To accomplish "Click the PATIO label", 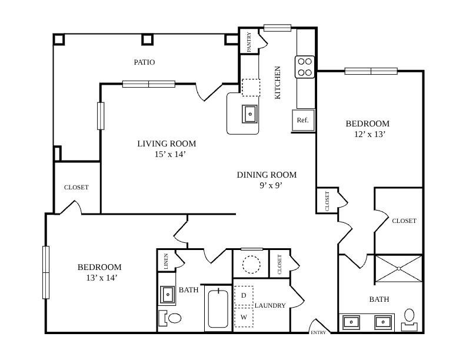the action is coord(144,62).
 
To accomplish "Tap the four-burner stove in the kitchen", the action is coord(305,67).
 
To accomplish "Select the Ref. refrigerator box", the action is coord(303,120).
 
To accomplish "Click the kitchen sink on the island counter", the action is coord(249,114).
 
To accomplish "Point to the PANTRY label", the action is coord(249,42).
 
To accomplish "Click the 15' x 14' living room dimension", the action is coord(170,155).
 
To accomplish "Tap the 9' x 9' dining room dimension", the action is coord(271,186).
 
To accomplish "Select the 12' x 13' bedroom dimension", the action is coord(370,134).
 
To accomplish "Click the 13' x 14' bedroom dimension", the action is coord(101,278).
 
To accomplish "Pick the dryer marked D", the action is coord(244,295).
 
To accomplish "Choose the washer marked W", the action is coord(244,317).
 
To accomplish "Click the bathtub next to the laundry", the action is coord(218,309).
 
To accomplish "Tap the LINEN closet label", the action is coord(166,261).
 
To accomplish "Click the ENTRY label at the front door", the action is coord(318,333).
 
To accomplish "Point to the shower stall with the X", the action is coord(399,268).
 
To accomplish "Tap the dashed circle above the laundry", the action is coord(251,264).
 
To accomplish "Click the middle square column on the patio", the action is coord(148,39).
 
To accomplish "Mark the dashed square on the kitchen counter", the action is coord(251,87).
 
